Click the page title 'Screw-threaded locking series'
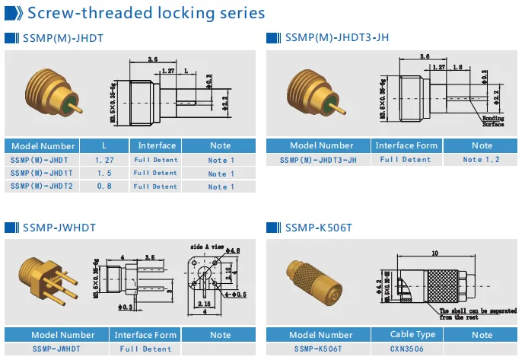pyautogui.click(x=145, y=13)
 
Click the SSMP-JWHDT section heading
pyautogui.click(x=59, y=227)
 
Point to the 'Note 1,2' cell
pyautogui.click(x=482, y=160)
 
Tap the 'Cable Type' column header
pyautogui.click(x=412, y=334)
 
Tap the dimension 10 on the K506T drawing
pyautogui.click(x=433, y=253)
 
